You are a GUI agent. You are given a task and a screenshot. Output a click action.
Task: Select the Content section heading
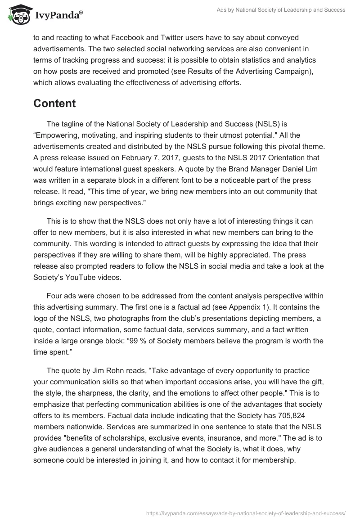point(54,103)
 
